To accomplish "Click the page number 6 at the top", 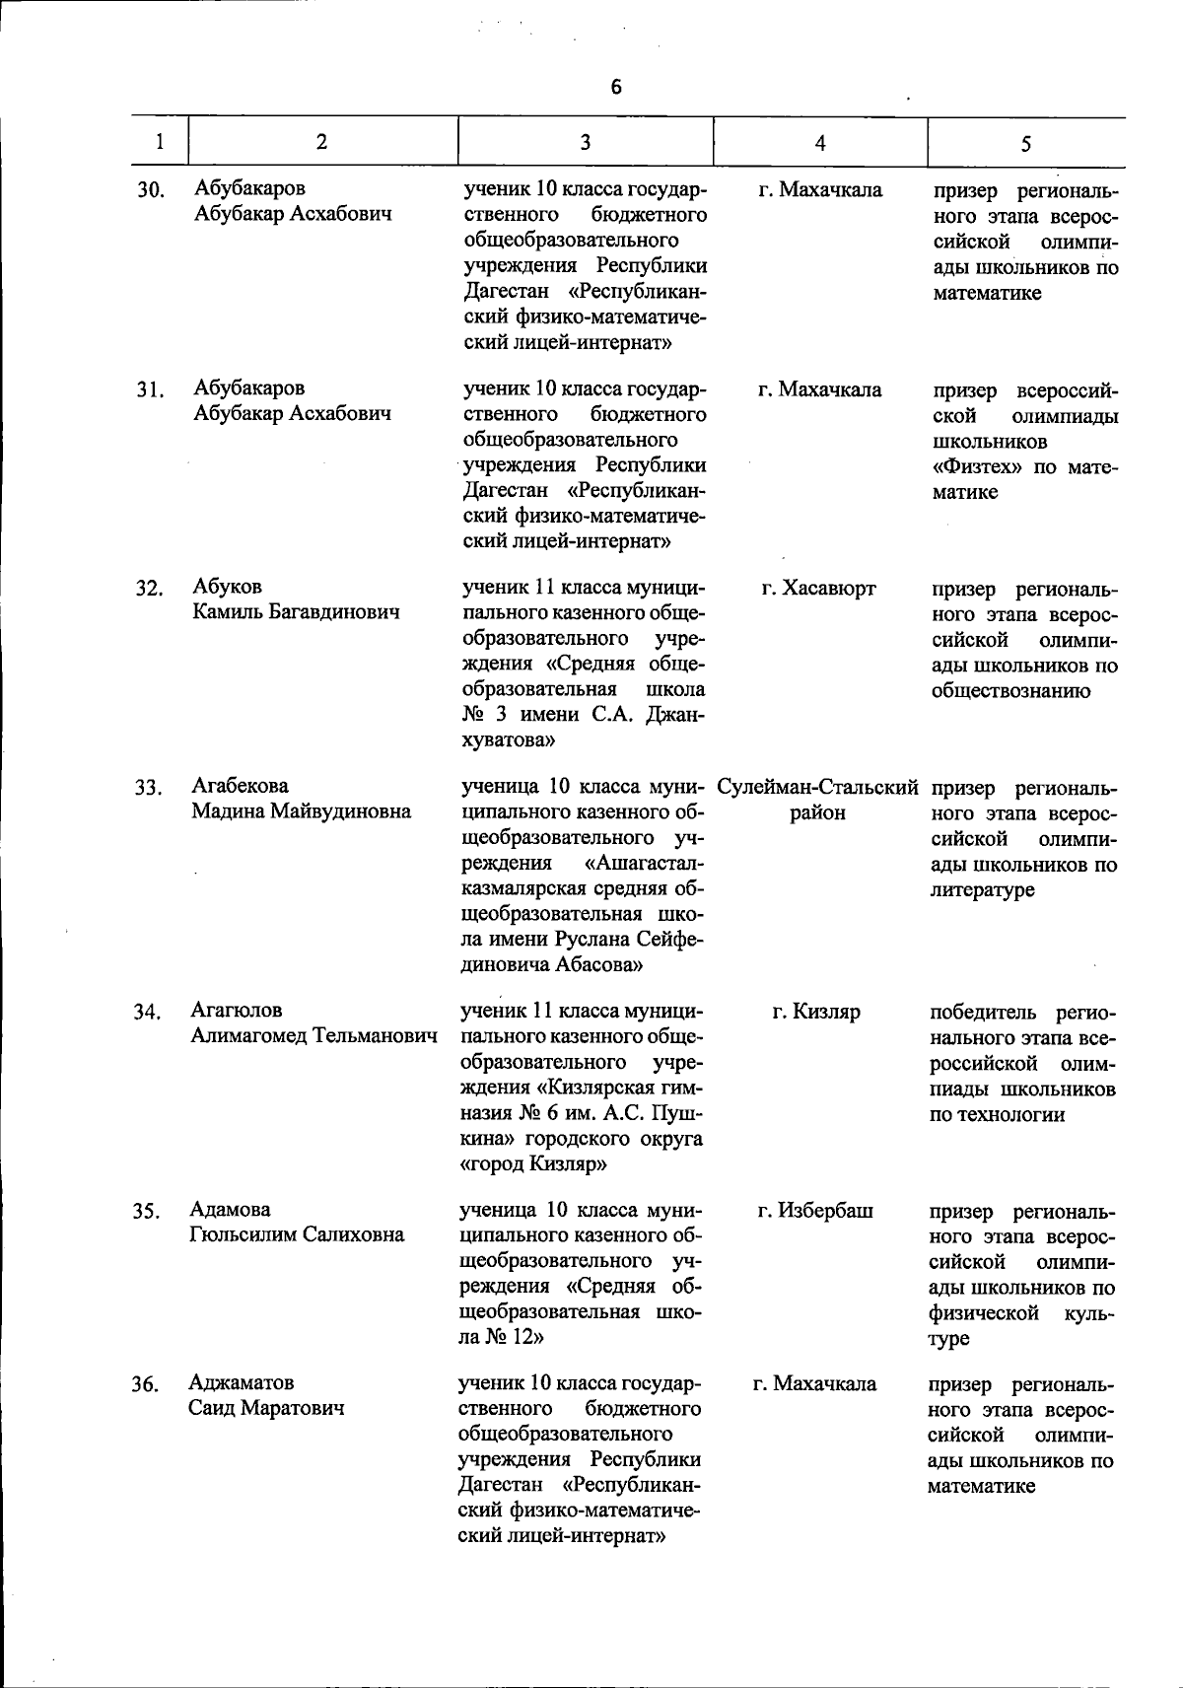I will (616, 87).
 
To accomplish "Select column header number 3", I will (585, 142).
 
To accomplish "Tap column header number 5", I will (1025, 144).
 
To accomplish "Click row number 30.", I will (150, 190).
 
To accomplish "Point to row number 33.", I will (148, 788).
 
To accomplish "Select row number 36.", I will (146, 1385).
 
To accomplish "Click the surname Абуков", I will (228, 587).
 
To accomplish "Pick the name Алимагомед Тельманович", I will (313, 1036).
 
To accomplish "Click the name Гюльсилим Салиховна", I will (297, 1235).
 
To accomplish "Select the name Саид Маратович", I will (267, 1409).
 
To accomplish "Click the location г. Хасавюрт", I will (818, 589).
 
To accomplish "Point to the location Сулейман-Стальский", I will (818, 788).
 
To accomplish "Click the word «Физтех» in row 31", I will (979, 466).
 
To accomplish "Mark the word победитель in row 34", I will (983, 1013).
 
